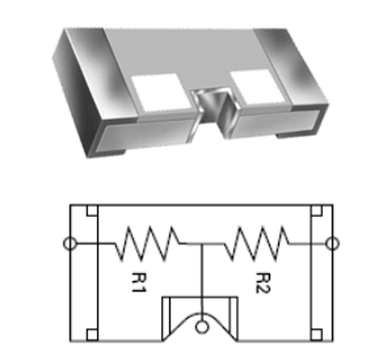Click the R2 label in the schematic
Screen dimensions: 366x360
tap(263, 282)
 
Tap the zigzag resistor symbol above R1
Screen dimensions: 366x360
tap(150, 244)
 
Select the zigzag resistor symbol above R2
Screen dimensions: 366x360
tap(257, 244)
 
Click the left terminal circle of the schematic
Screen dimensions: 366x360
tap(70, 244)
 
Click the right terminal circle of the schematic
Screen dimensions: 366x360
tap(332, 244)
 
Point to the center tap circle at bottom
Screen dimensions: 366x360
tap(200, 327)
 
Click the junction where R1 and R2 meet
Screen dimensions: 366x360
tap(201, 244)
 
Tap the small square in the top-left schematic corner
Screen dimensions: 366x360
tap(92, 211)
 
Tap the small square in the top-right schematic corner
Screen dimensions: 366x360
tap(316, 211)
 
